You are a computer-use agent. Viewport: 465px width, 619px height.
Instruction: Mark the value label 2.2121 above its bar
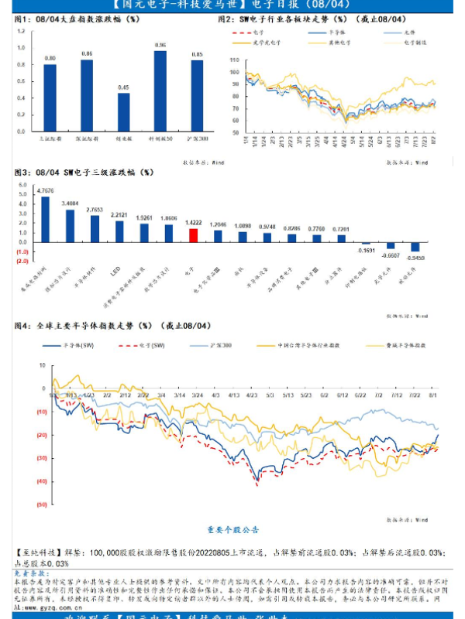tap(119, 214)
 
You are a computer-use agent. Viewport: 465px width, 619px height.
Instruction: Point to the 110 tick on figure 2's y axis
tap(234, 59)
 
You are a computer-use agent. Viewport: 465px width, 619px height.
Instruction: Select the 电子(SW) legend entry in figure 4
tap(148, 345)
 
